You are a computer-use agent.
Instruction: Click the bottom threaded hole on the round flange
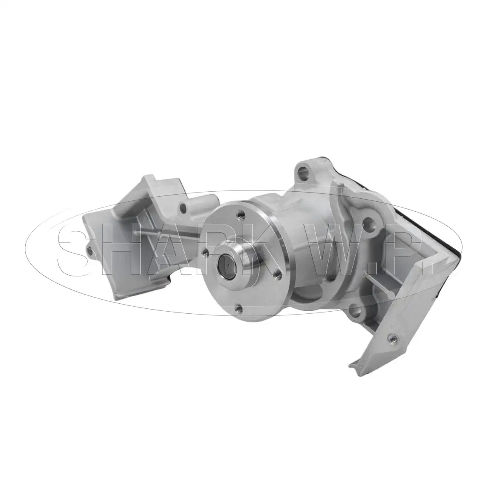239,308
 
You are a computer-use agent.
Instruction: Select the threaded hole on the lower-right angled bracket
392,337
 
